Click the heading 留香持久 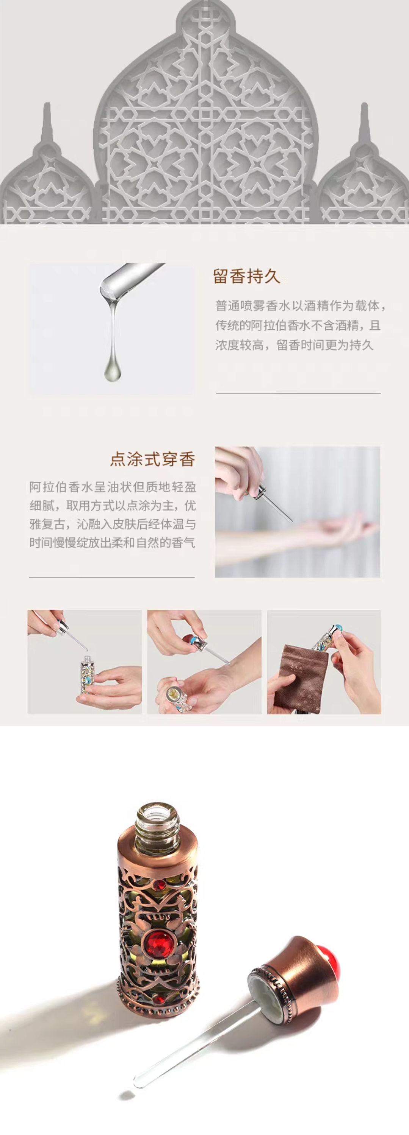(x=247, y=276)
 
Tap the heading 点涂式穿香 (x=153, y=459)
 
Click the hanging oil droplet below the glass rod (x=113, y=370)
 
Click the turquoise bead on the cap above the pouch (x=339, y=627)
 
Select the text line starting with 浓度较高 (x=294, y=345)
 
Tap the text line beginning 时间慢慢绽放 (x=112, y=542)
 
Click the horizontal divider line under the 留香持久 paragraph (x=298, y=393)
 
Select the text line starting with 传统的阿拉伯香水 (x=298, y=325)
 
